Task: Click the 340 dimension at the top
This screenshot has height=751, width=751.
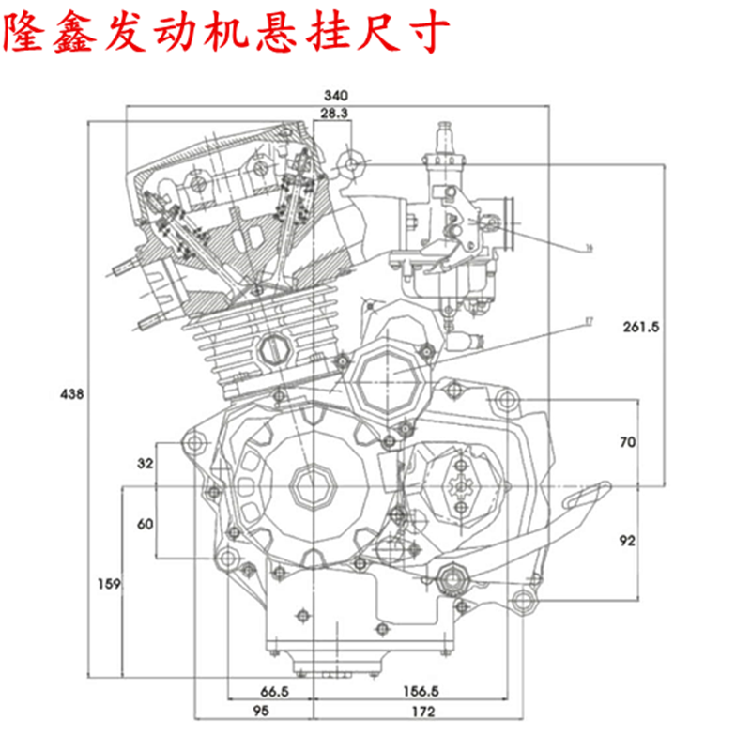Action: click(x=335, y=95)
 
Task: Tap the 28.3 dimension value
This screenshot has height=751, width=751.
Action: click(x=333, y=113)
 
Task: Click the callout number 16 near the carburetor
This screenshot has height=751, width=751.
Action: click(x=589, y=247)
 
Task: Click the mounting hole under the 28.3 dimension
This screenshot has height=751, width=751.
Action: click(x=352, y=163)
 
